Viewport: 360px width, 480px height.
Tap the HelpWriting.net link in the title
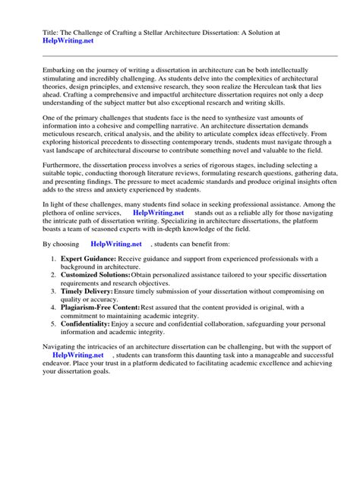(62, 42)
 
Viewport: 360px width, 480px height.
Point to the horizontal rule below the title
(179, 55)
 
